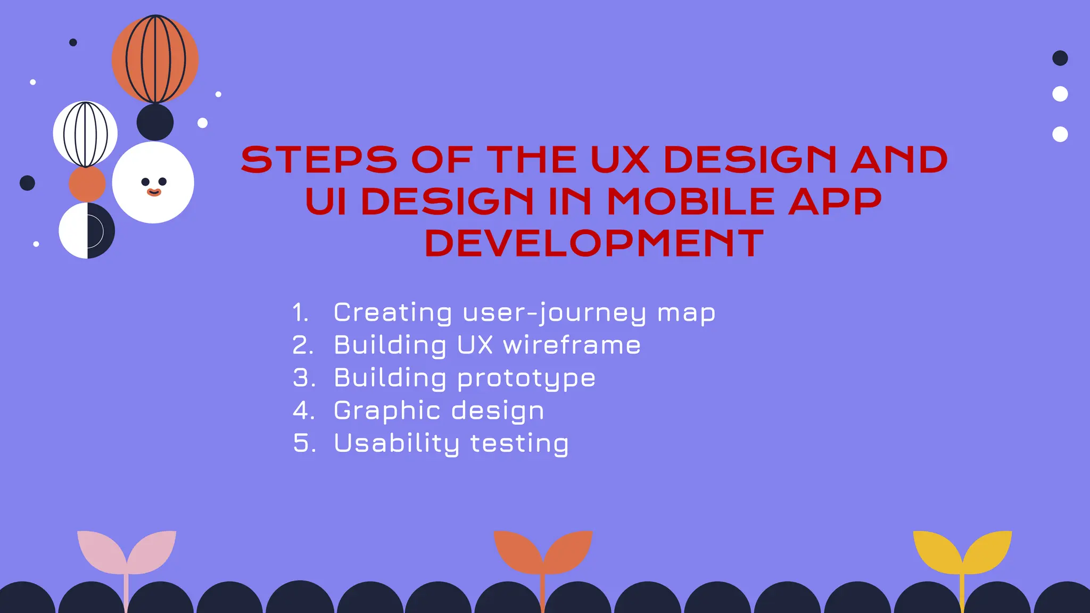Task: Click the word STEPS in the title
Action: (319, 160)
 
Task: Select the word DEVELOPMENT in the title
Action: (594, 244)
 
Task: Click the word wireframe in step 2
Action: (572, 345)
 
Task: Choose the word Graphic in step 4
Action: (387, 411)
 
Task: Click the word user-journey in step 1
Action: (555, 312)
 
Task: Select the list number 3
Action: (304, 378)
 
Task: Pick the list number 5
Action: (304, 443)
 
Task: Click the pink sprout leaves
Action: (127, 551)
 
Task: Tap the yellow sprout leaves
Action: (962, 551)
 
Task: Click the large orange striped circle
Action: (155, 59)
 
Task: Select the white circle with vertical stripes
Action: (85, 134)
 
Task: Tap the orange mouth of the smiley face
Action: (154, 193)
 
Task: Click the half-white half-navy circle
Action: (87, 230)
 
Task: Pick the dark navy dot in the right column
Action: (1060, 58)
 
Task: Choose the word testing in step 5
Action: (519, 443)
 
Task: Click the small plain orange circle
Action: (87, 184)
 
